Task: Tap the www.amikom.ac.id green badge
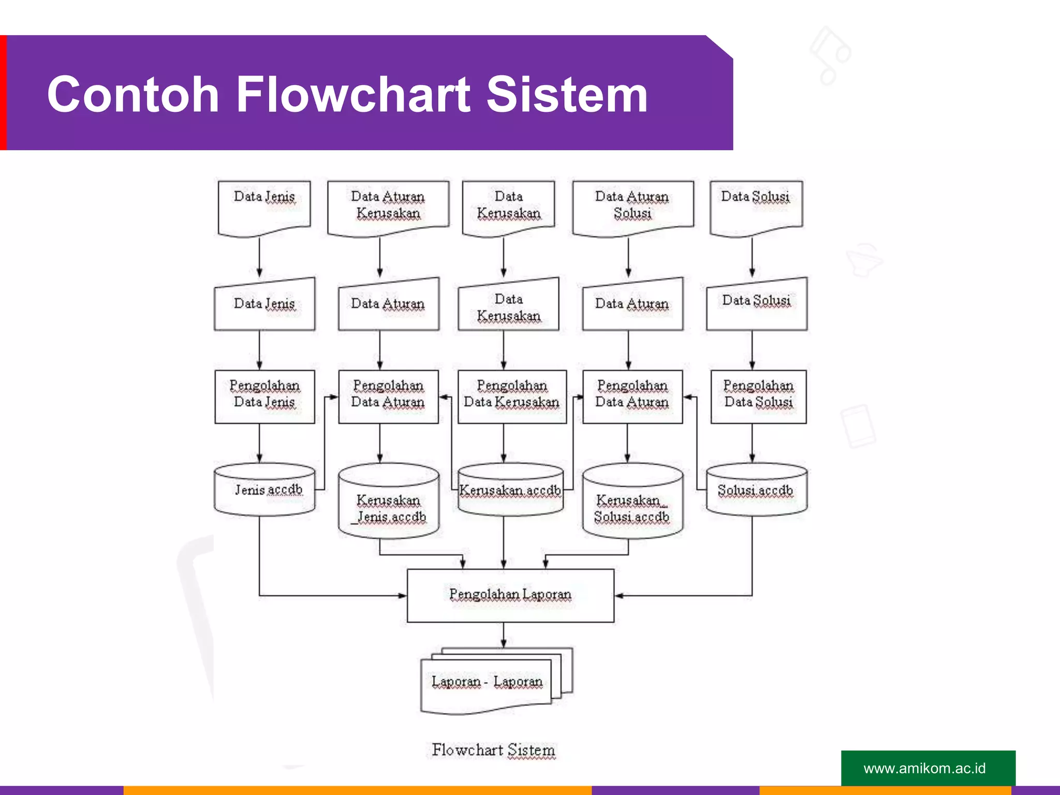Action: [927, 768]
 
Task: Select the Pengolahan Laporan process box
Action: [510, 595]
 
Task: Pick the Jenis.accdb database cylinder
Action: [264, 490]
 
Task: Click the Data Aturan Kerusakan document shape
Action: [388, 206]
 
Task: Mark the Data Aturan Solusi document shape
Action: [632, 206]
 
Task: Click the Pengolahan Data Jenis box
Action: [264, 396]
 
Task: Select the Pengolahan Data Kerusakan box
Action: [512, 396]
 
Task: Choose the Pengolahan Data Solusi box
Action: [758, 396]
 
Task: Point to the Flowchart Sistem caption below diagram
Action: [493, 749]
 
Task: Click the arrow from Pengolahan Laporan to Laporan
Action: [504, 635]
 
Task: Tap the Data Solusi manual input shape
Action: [756, 305]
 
